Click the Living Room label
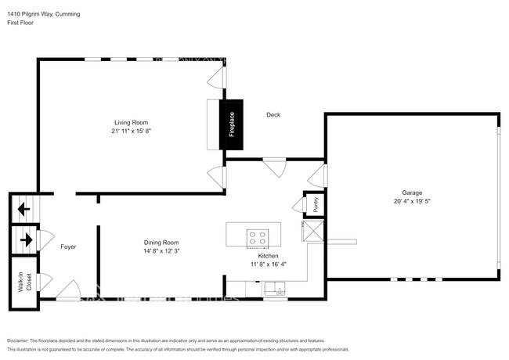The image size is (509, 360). tap(131, 122)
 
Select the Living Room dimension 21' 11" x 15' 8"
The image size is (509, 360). tap(131, 131)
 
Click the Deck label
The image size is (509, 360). tap(273, 115)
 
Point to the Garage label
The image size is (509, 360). tap(412, 193)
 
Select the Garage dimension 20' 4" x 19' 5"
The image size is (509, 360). tap(412, 201)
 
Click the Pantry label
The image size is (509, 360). tap(315, 203)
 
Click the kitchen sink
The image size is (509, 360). tap(275, 292)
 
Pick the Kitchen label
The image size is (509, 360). tap(269, 256)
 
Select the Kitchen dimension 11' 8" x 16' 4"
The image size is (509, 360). tap(269, 265)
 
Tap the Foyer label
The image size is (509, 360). tap(68, 247)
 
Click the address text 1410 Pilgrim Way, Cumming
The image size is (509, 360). tap(43, 14)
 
